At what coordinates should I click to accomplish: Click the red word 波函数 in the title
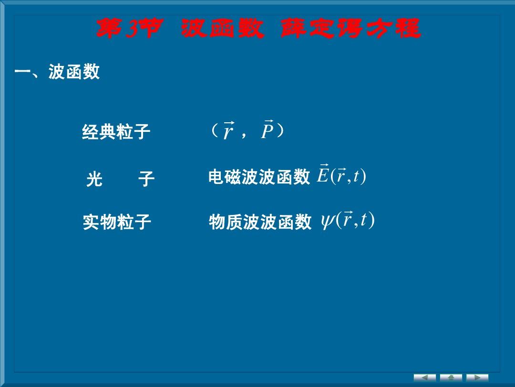click(223, 28)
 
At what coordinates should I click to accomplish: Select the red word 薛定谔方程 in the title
click(350, 28)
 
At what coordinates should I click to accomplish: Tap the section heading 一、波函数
click(57, 71)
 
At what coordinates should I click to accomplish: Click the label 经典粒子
click(116, 132)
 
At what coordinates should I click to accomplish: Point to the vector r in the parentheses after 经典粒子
click(228, 130)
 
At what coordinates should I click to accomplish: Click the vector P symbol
click(268, 129)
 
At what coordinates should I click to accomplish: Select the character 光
click(94, 179)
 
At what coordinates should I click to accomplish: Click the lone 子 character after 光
click(146, 179)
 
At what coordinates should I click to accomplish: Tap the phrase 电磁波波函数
click(259, 177)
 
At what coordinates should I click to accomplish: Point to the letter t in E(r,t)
click(356, 176)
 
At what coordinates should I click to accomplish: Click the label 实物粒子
click(117, 222)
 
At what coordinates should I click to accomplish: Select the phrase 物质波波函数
click(260, 222)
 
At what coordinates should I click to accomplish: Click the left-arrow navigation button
click(425, 377)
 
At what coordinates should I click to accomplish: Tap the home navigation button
click(451, 377)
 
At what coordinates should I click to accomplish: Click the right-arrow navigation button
click(477, 377)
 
